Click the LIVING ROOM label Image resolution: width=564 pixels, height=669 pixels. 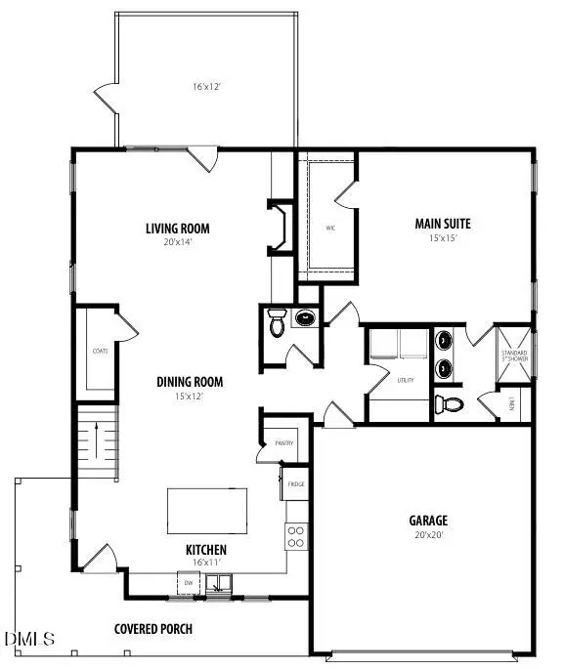coord(178,230)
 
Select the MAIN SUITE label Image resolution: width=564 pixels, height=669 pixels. coord(444,224)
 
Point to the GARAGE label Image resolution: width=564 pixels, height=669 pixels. coord(428,521)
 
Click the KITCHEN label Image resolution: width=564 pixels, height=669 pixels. coord(206,550)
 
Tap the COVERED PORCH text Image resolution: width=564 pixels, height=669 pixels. coord(153,628)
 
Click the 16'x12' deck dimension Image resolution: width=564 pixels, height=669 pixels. coord(206,87)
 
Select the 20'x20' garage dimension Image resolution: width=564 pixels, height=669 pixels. coord(428,535)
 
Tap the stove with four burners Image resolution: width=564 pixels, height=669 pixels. coord(295,535)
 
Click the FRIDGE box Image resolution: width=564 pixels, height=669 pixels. coord(295,482)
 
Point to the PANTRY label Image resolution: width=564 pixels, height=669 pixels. coord(284,443)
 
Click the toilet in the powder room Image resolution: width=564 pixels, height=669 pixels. coord(278,323)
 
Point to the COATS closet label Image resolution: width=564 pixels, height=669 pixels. coord(100,350)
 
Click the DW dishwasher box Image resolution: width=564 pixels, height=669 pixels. coord(189,583)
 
